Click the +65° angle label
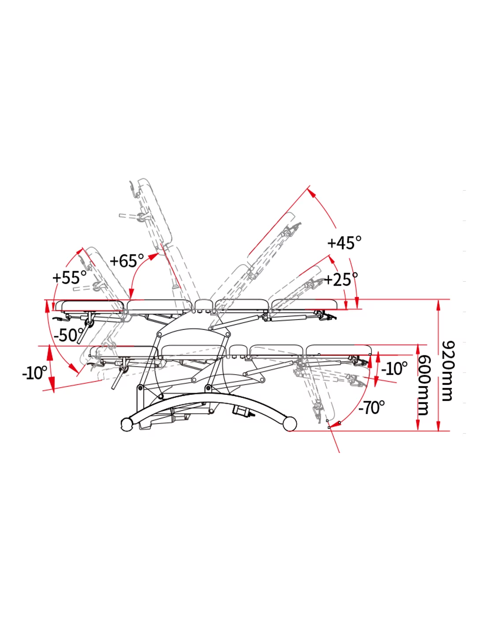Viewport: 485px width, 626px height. (127, 261)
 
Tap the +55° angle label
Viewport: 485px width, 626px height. (70, 277)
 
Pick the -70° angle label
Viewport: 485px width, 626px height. (372, 408)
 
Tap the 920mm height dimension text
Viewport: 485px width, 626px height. (448, 371)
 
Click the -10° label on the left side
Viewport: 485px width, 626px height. (35, 373)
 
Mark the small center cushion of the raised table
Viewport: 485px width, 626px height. (204, 305)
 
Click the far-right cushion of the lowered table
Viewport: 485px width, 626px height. (339, 350)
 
